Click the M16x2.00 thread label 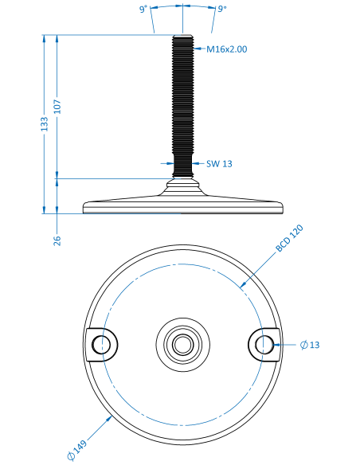point(226,49)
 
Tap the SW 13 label point(219,164)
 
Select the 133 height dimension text point(44,124)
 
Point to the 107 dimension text point(57,107)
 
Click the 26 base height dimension point(57,240)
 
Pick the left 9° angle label point(143,10)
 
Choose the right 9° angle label point(222,9)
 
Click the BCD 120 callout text point(289,238)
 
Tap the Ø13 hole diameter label point(310,345)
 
